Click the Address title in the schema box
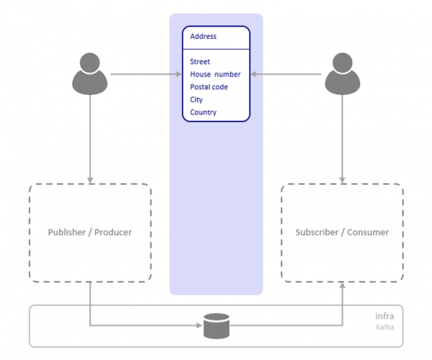(203, 36)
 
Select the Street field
(200, 62)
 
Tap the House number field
(215, 74)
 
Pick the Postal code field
(209, 87)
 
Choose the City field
(197, 100)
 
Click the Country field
(203, 112)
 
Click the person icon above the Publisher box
(90, 73)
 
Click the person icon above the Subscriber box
(342, 73)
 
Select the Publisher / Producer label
(90, 233)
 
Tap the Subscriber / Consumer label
(342, 233)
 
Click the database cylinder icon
(216, 325)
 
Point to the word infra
(384, 316)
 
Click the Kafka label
(385, 328)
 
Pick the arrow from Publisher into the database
(144, 326)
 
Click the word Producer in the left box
(112, 233)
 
